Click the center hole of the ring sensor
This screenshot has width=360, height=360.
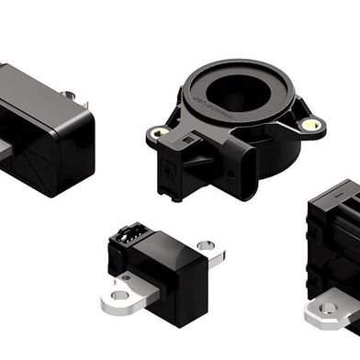(x=234, y=93)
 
